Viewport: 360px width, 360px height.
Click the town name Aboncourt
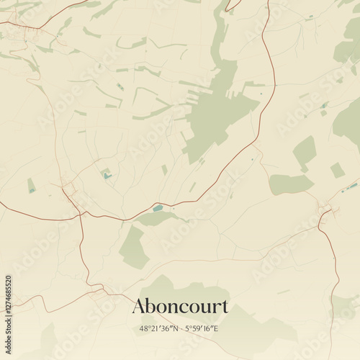(x=180, y=306)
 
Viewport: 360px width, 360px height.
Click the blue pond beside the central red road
(x=157, y=208)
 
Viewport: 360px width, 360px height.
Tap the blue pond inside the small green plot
(x=107, y=175)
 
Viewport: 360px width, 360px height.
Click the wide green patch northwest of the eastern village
(x=291, y=184)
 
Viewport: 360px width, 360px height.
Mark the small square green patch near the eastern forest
(x=337, y=170)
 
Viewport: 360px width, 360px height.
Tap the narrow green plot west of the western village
(x=31, y=186)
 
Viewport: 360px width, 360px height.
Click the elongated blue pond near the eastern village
(x=351, y=186)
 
